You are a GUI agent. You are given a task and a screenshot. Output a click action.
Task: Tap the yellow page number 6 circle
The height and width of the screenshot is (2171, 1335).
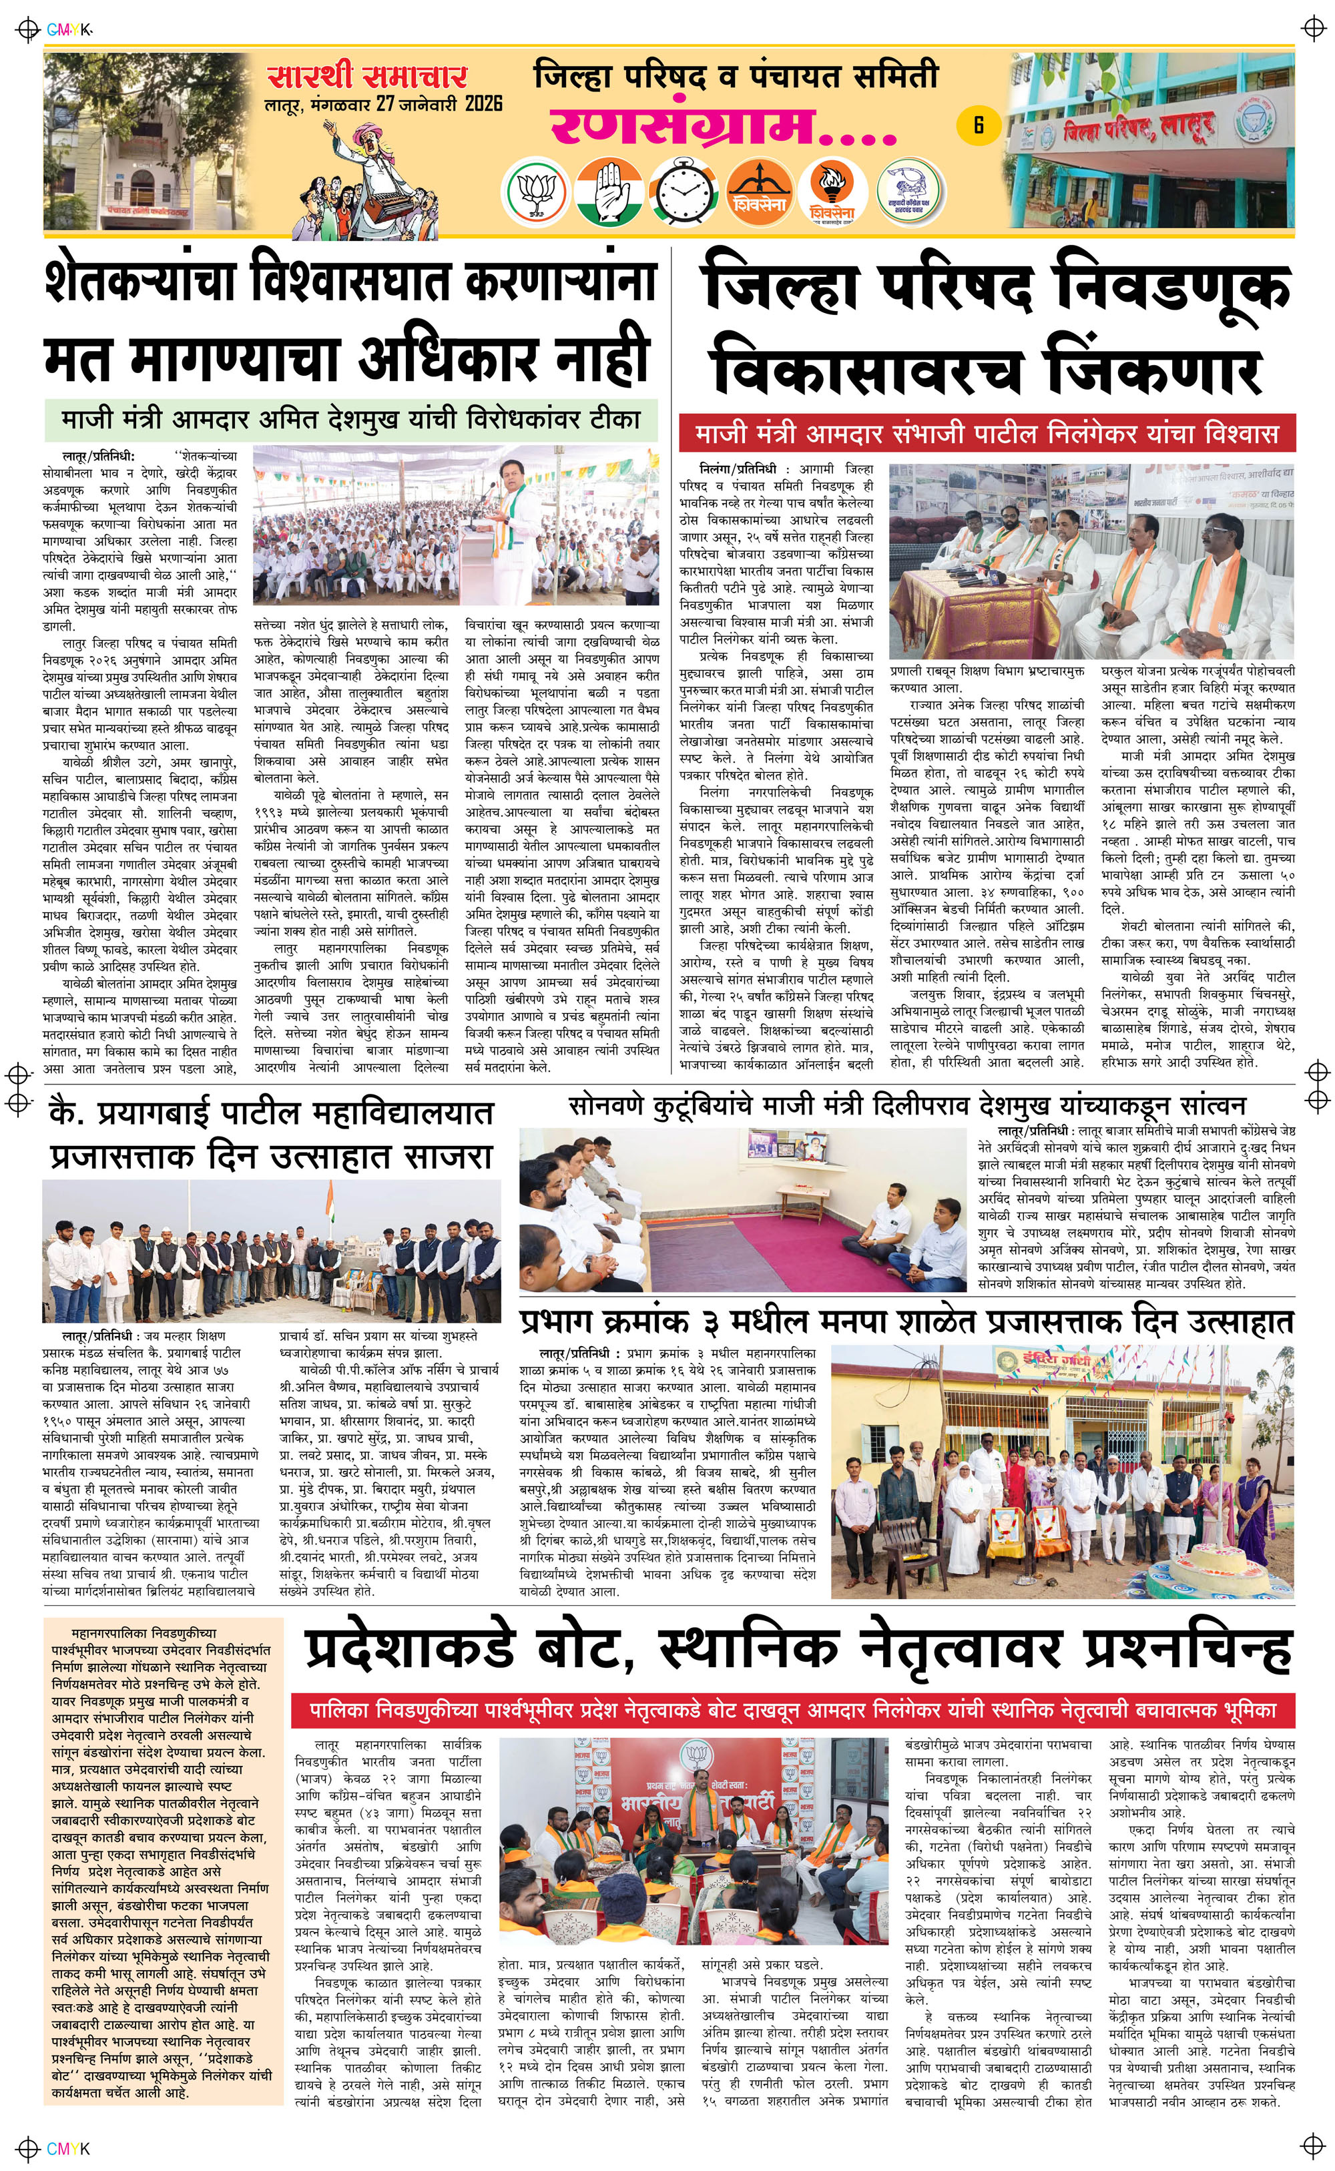point(979,124)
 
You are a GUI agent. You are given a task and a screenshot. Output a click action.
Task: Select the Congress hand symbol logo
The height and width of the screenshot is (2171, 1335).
point(607,192)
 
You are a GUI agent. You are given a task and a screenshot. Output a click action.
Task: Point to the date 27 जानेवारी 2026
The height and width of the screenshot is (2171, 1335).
point(440,104)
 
